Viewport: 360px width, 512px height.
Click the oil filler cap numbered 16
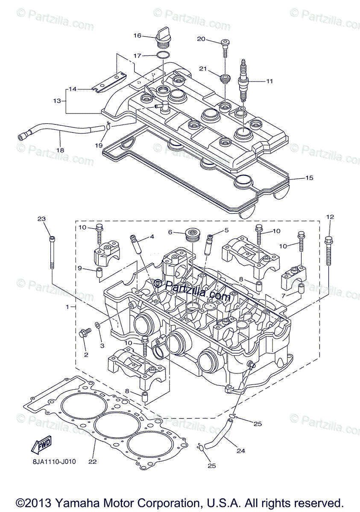163,36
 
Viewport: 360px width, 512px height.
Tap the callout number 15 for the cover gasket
309,177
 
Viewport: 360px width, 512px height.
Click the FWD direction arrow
41,445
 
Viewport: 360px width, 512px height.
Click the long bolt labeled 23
52,252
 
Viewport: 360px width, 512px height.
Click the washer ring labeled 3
98,325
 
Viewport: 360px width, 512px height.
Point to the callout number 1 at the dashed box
67,307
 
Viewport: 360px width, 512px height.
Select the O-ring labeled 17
163,55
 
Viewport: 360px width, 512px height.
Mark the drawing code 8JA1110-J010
54,461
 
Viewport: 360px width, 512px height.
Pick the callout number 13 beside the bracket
57,101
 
